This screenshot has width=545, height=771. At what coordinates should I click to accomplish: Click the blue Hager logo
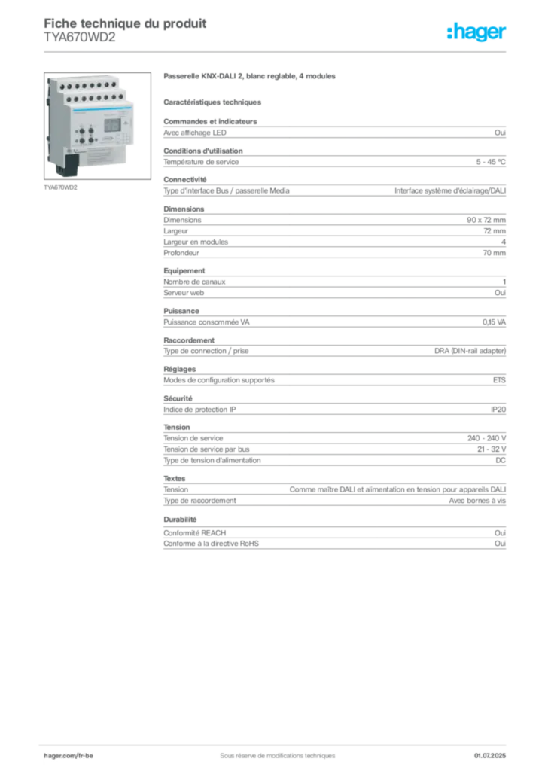point(476,33)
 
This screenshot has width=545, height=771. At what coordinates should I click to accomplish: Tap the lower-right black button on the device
point(92,140)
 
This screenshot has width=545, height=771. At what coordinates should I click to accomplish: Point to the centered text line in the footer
point(272,751)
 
